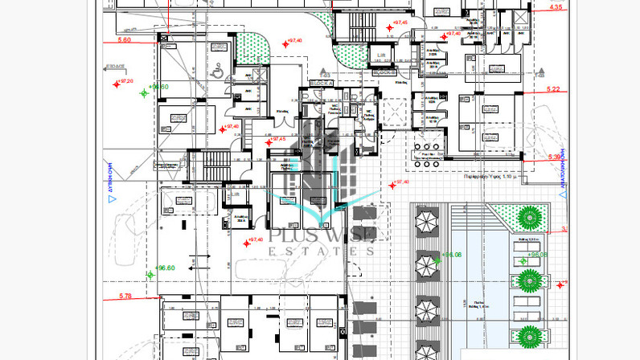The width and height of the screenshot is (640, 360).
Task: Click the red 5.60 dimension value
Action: pos(124,39)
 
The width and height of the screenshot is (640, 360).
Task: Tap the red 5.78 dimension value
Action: pos(124,297)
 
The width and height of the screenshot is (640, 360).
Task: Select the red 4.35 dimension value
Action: pos(555,8)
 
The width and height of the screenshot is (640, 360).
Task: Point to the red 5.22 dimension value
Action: pos(553,89)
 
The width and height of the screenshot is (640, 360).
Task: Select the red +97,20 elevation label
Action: pos(125,81)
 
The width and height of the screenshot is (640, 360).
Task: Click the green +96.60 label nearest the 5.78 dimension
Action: pos(165,268)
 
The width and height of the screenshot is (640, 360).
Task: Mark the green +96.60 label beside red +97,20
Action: pos(158,87)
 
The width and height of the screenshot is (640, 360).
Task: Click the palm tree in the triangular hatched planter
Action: pos(529,217)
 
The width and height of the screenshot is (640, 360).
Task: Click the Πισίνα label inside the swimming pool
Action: pos(480,305)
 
